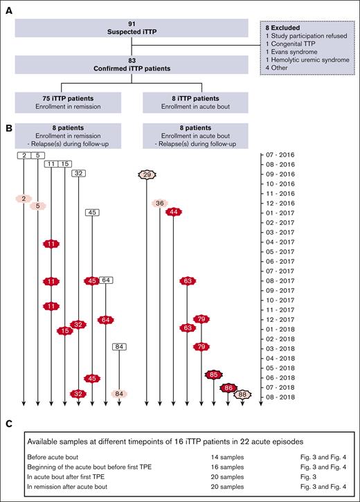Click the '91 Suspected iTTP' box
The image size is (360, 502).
click(132, 27)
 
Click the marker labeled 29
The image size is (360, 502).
click(146, 175)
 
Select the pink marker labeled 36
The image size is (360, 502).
click(160, 204)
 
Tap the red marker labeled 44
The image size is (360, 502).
click(174, 212)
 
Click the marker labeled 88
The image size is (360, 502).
click(242, 395)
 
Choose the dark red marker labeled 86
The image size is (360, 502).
click(228, 388)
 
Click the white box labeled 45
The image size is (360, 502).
click(92, 213)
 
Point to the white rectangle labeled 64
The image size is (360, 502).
click(106, 280)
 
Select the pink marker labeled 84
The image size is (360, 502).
click(120, 394)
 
